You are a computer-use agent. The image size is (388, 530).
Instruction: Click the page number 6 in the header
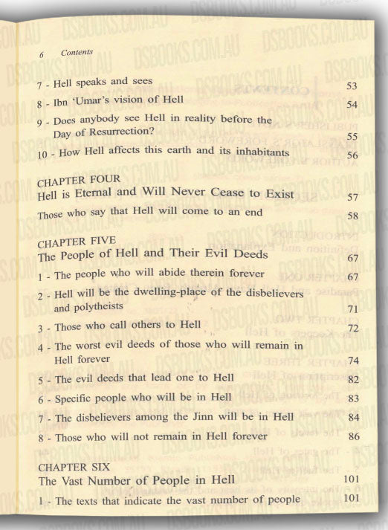point(42,54)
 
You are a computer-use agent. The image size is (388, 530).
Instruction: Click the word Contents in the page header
point(77,53)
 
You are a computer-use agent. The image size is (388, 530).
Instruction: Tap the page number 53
point(353,87)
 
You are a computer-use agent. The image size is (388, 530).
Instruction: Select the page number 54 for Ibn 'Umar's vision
point(353,104)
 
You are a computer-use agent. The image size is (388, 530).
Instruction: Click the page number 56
point(353,155)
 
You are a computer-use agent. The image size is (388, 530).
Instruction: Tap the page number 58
point(353,216)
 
